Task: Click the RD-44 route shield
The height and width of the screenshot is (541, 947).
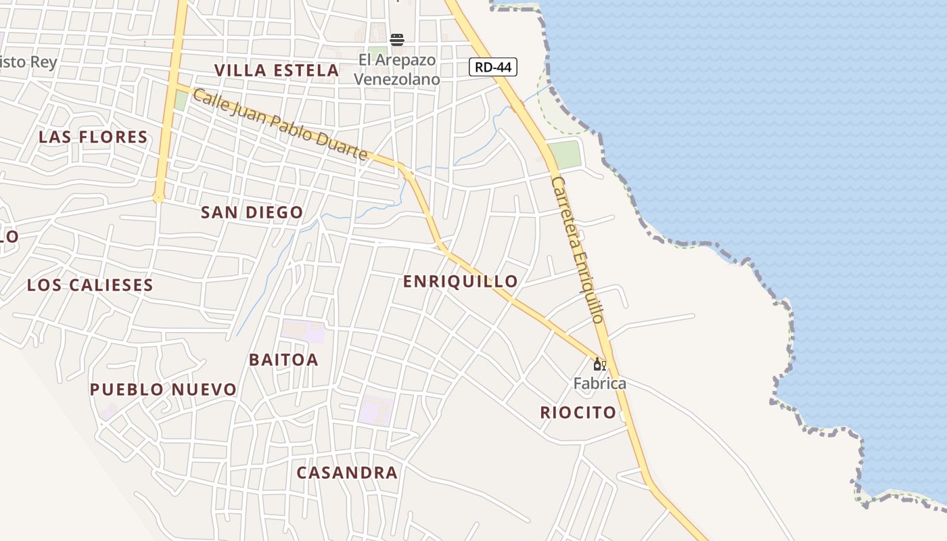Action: tap(493, 67)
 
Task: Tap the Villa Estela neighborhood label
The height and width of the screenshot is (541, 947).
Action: tap(277, 70)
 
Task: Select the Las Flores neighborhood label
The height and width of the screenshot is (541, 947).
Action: tap(93, 137)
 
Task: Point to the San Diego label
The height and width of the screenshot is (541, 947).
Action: tap(252, 212)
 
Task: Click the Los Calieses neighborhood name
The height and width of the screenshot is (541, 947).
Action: tap(90, 285)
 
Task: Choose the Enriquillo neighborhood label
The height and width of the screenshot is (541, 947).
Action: tap(461, 281)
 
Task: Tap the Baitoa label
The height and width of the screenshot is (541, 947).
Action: tap(283, 360)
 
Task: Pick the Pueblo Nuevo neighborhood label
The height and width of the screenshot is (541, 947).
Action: tap(163, 390)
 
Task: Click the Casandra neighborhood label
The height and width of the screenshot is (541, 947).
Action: tap(347, 473)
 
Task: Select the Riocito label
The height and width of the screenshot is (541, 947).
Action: tap(578, 413)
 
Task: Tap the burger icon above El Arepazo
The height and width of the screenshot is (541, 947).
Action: tap(397, 40)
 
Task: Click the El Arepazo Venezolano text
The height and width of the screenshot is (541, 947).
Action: tap(397, 70)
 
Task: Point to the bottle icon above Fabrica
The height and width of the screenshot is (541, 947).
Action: tap(599, 364)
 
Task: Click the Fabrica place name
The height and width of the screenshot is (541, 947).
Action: tap(599, 384)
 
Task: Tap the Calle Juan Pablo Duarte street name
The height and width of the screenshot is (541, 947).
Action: tap(280, 125)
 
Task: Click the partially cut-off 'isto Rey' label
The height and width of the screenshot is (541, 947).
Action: tap(28, 62)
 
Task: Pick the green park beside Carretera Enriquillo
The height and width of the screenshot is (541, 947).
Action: tap(564, 154)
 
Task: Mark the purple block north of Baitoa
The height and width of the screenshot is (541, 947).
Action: tap(304, 332)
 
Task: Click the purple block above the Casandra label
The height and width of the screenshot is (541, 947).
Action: tap(376, 410)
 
